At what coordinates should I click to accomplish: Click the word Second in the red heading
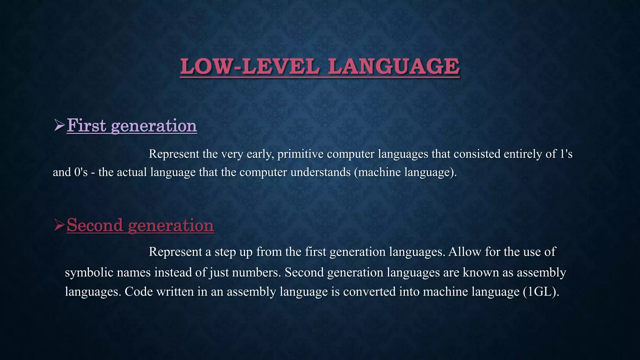point(95,225)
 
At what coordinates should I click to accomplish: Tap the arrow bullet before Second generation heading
point(59,225)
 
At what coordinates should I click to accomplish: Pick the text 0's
point(81,172)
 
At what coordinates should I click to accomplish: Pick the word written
point(175,292)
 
